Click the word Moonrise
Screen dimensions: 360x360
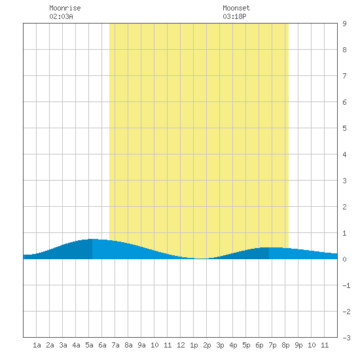pyautogui.click(x=65, y=8)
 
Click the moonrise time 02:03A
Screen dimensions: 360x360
pyautogui.click(x=61, y=16)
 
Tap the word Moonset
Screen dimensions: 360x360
pyautogui.click(x=236, y=8)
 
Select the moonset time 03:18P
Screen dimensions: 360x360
pyautogui.click(x=234, y=16)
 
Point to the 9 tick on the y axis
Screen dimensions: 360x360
pyautogui.click(x=344, y=24)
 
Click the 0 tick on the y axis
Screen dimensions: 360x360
pyautogui.click(x=344, y=259)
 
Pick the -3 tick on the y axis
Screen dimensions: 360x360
pyautogui.click(x=346, y=338)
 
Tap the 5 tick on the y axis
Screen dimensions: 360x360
pyautogui.click(x=344, y=128)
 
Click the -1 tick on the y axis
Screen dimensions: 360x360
pyautogui.click(x=346, y=285)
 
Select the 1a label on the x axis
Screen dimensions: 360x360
pyautogui.click(x=37, y=345)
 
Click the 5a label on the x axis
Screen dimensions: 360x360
pyautogui.click(x=89, y=345)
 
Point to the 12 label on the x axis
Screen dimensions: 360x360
pyautogui.click(x=181, y=345)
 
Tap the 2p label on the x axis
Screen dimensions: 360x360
pyautogui.click(x=207, y=345)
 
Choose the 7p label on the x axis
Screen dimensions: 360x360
pyautogui.click(x=272, y=345)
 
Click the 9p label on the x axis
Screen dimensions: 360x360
pyautogui.click(x=298, y=345)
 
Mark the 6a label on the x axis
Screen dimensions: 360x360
pyautogui.click(x=102, y=345)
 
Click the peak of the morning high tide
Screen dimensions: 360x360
pyautogui.click(x=92, y=239)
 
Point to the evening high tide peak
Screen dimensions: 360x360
pyautogui.click(x=269, y=247)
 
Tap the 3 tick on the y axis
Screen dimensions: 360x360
pyautogui.click(x=344, y=181)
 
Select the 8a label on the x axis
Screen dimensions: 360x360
pyautogui.click(x=128, y=345)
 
